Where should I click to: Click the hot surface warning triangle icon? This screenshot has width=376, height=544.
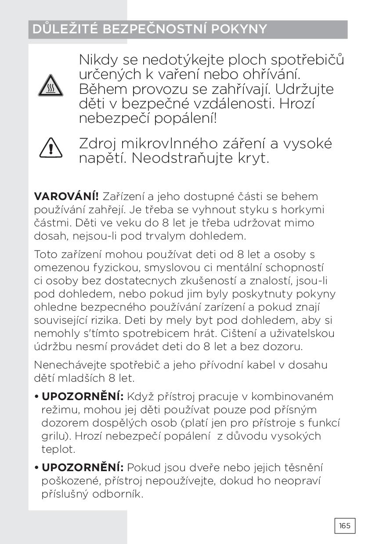pyautogui.click(x=51, y=85)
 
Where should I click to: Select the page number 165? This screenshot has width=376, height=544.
pyautogui.click(x=345, y=526)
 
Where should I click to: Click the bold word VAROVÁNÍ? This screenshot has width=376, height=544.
pyautogui.click(x=66, y=197)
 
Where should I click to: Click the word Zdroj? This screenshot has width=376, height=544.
pyautogui.click(x=98, y=144)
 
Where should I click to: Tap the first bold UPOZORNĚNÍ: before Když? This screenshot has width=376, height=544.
pyautogui.click(x=82, y=397)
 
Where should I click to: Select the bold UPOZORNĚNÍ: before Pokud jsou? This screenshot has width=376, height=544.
pyautogui.click(x=82, y=468)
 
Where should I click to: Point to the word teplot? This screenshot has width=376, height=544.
pyautogui.click(x=58, y=449)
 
